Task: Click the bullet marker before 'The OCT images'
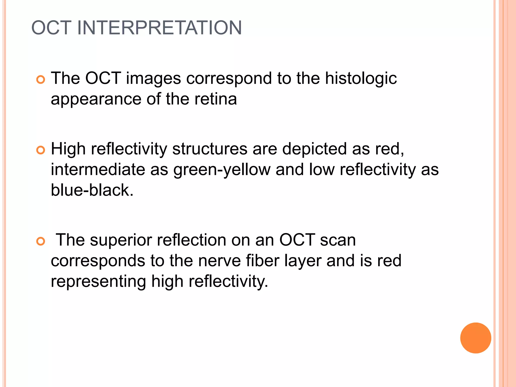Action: coord(40,80)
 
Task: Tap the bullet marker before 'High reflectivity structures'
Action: coord(40,150)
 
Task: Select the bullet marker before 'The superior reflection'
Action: coord(40,241)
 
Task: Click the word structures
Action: coord(210,149)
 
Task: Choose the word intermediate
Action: coord(98,170)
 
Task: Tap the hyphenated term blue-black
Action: coord(92,190)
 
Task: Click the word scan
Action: coord(338,240)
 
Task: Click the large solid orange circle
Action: coord(475,338)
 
